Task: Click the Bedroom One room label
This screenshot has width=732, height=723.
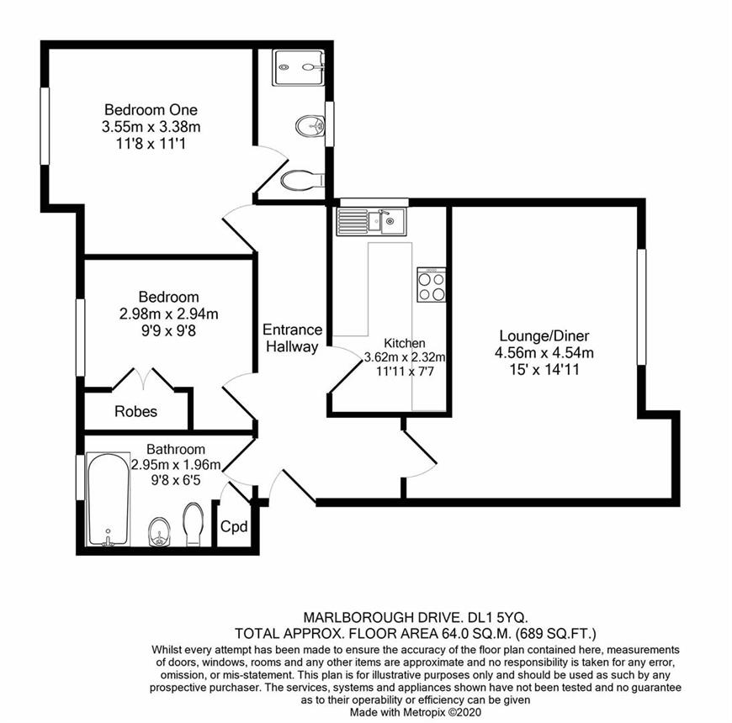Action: (151, 109)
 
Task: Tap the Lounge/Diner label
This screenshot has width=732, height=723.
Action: (544, 335)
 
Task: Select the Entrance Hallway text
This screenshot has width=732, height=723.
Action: (292, 338)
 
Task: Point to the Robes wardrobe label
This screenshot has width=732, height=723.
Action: (135, 411)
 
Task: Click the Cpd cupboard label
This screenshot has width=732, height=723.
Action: (234, 527)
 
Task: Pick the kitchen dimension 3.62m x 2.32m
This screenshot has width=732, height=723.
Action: (405, 358)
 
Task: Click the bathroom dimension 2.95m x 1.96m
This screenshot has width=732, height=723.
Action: (176, 465)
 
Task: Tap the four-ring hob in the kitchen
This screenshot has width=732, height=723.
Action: (432, 284)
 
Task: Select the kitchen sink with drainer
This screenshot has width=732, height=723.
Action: (371, 222)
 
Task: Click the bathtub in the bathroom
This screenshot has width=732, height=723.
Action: (109, 499)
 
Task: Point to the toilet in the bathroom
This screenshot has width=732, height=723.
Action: (194, 525)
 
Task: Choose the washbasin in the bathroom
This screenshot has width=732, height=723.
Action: (160, 532)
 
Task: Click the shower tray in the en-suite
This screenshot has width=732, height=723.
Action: (300, 67)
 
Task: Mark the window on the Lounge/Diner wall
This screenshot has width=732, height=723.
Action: (642, 307)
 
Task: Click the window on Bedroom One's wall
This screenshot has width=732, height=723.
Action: (45, 126)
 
